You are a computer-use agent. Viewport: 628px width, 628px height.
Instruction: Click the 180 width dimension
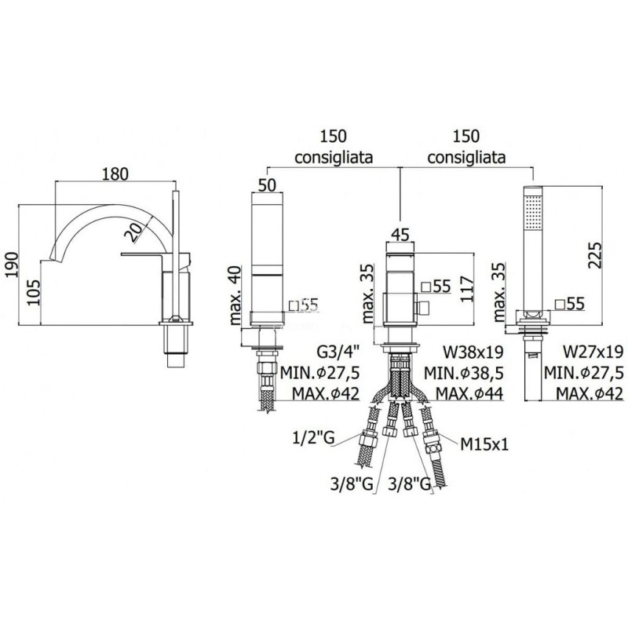[115, 174]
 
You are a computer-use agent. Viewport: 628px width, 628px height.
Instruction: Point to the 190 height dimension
[13, 265]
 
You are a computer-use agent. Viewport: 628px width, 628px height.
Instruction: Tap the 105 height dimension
[34, 292]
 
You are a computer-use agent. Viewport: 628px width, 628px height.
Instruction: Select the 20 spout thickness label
[133, 232]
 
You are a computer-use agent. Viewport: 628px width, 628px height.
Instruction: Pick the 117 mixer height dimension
[466, 289]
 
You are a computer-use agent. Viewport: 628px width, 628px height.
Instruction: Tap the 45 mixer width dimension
[401, 234]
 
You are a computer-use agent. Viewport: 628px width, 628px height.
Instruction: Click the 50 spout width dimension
[268, 185]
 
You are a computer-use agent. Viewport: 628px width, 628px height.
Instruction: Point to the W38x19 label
[473, 352]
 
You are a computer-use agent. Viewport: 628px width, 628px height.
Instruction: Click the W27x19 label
[593, 352]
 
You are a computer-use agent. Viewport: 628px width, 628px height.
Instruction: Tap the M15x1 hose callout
[484, 444]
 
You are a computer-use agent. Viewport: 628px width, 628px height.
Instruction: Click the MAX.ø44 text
[469, 394]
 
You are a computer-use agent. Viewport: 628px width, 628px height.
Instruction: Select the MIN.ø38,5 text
[464, 373]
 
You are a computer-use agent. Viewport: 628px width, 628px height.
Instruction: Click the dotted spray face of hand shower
[533, 211]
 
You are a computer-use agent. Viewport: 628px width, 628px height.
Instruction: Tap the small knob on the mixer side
[422, 309]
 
